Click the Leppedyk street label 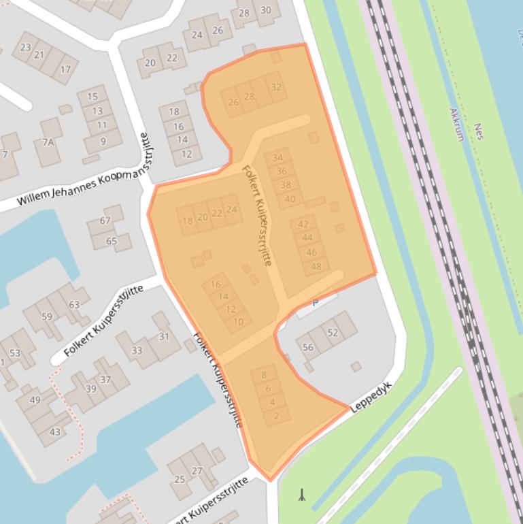click(x=371, y=397)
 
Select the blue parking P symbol click(x=315, y=303)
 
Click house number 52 click(x=333, y=333)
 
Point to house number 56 click(x=308, y=347)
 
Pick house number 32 click(x=275, y=87)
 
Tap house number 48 click(x=316, y=266)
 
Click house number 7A click(x=48, y=142)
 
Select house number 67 click(x=105, y=220)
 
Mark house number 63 click(x=74, y=304)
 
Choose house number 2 click(x=276, y=416)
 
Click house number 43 click(x=55, y=431)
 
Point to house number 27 click(x=197, y=470)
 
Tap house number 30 click(x=265, y=10)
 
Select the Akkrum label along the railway click(x=457, y=124)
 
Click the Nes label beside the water click(x=479, y=131)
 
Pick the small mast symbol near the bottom click(x=301, y=495)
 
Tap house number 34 click(x=277, y=158)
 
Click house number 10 click(x=238, y=322)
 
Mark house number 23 click(x=26, y=47)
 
